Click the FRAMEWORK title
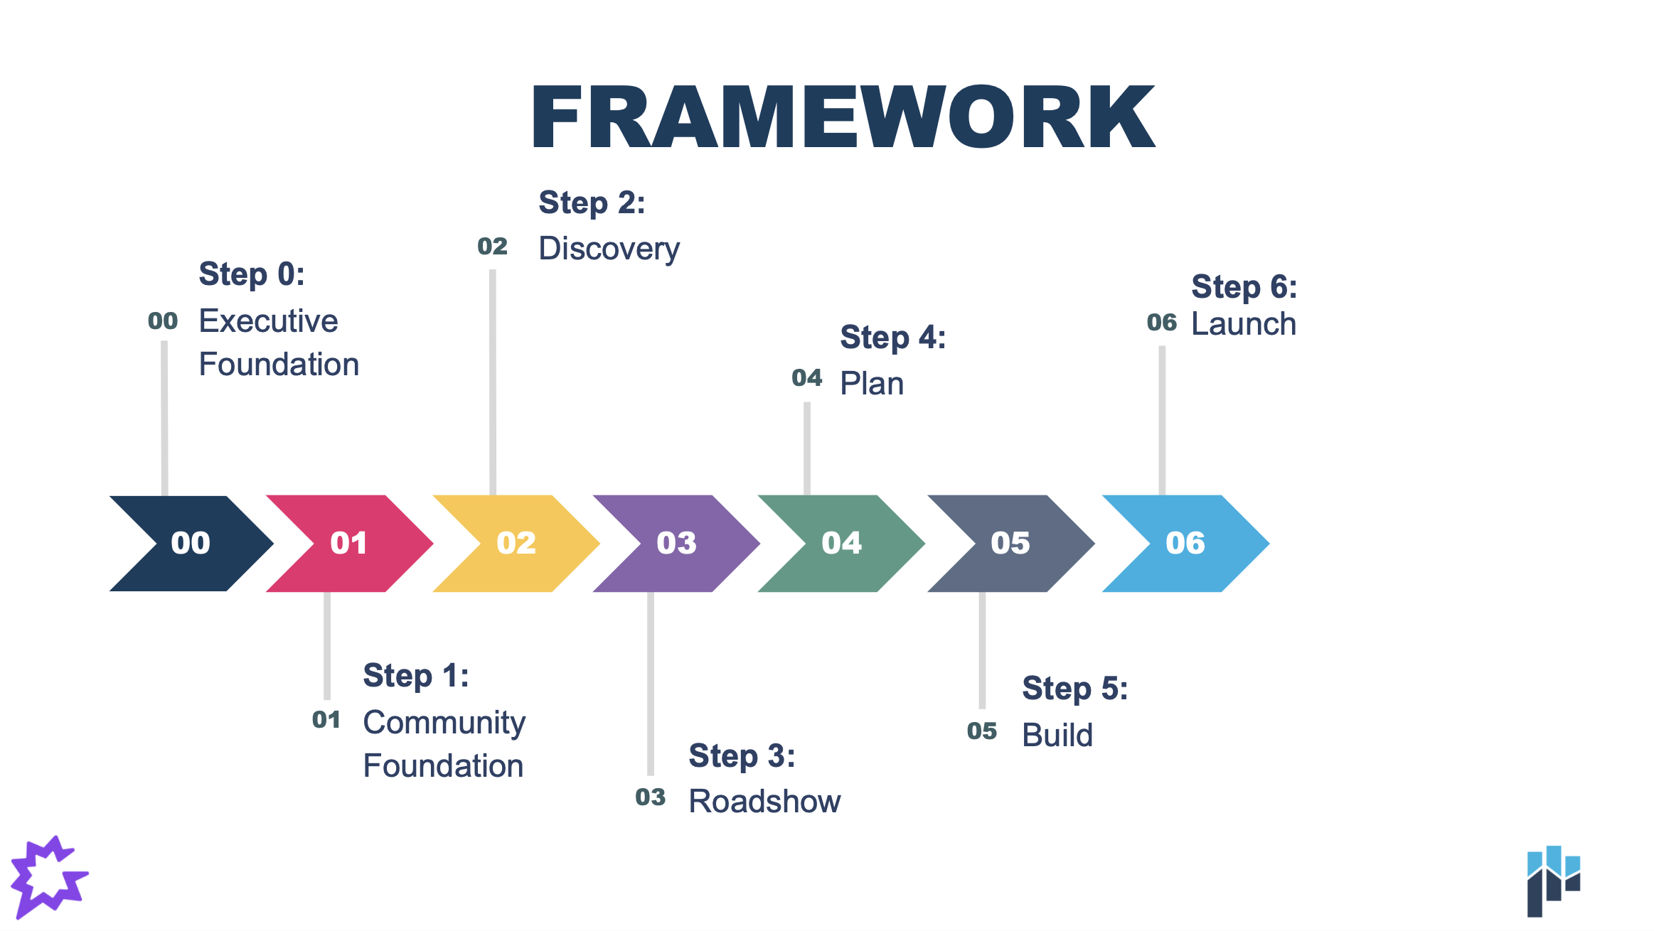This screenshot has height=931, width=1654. coord(843,117)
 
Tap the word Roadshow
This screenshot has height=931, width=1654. coord(765,802)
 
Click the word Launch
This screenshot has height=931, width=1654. coord(1244,324)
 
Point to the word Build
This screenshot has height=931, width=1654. coord(1057,735)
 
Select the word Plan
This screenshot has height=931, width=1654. coord(872,384)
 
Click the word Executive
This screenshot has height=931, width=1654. coord(268,321)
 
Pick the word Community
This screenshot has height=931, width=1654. coord(444,723)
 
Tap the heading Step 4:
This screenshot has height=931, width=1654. coord(893,338)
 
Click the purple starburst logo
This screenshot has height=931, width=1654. coord(48,877)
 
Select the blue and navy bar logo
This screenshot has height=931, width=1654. coord(1554,881)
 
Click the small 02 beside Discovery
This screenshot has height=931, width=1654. coord(492,247)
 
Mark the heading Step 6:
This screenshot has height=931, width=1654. coord(1244,287)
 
